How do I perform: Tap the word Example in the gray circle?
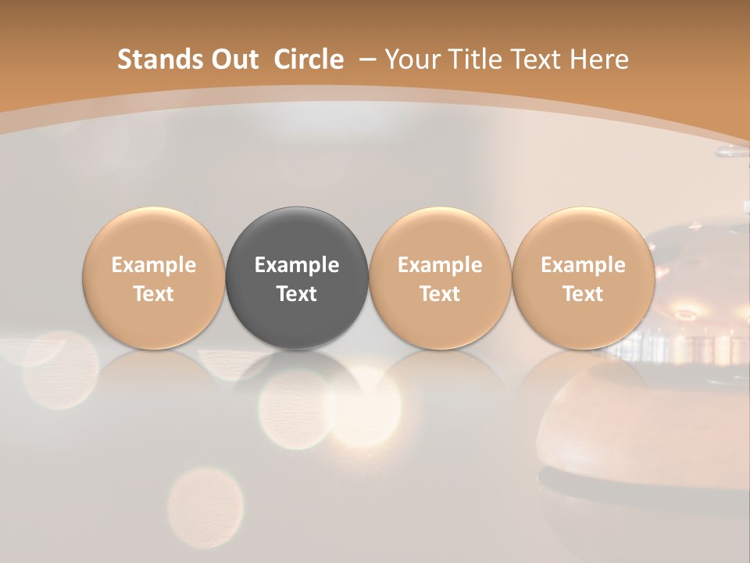[x=297, y=265]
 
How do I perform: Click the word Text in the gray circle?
[x=297, y=294]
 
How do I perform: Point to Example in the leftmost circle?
[x=153, y=265]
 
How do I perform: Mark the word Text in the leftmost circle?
[x=153, y=294]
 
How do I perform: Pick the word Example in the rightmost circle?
[x=583, y=265]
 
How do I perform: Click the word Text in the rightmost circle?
[x=583, y=294]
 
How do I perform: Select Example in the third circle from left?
[x=440, y=265]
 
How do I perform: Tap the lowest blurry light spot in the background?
[x=205, y=501]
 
